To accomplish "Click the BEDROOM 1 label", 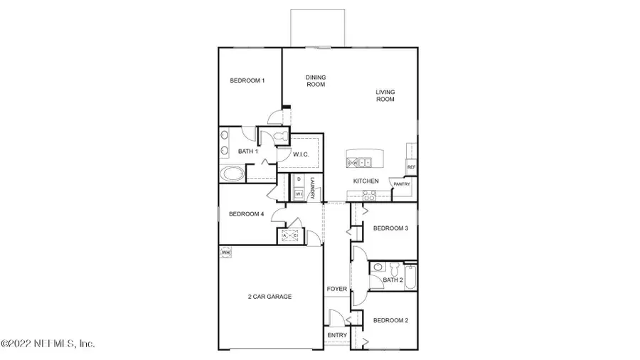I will (247, 80).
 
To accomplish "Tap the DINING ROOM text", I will (315, 80).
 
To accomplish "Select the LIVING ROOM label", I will (385, 95).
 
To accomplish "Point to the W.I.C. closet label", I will (300, 154).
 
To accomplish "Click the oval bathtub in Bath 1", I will (232, 173).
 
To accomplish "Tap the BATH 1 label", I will (247, 151).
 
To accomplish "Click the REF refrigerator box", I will (411, 167).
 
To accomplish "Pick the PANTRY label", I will (402, 184).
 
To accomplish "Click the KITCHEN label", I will (366, 181).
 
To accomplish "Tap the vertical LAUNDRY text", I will (311, 188).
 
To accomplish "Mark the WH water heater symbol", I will (226, 252).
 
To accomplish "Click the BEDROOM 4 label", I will (246, 214).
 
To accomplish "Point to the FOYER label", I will (336, 290).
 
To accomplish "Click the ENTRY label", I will (336, 334).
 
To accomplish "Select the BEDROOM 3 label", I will (390, 228).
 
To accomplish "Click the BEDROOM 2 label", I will (390, 320).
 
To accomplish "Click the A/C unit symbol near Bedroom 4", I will (290, 235).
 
